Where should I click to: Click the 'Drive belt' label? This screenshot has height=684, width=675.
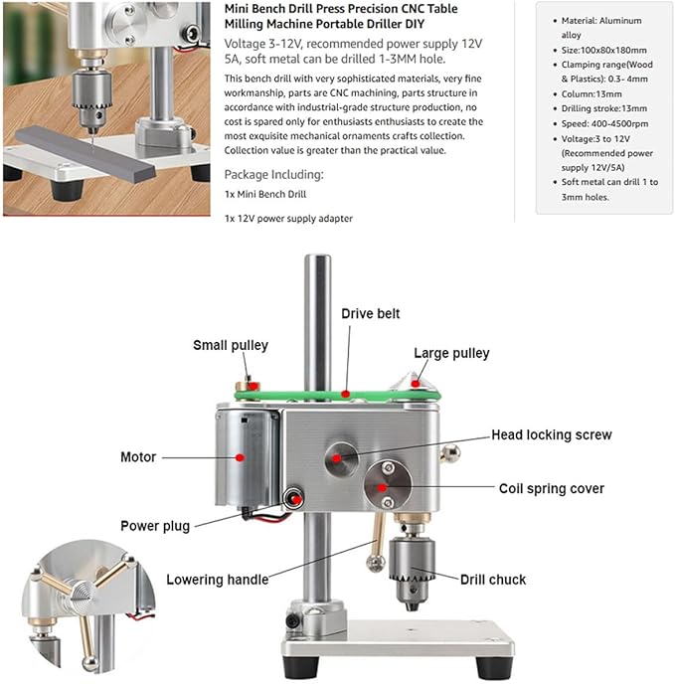(371, 313)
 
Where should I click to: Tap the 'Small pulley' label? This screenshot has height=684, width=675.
(230, 346)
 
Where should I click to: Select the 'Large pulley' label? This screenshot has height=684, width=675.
(451, 353)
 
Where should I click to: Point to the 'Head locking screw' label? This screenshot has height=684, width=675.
(552, 435)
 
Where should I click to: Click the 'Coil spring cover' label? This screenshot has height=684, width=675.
(551, 488)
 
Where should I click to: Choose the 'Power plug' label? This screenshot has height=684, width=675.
(154, 526)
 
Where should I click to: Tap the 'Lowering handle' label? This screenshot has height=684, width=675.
(217, 580)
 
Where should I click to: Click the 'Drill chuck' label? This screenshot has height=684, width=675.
(494, 579)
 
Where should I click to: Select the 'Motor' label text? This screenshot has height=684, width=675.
(138, 457)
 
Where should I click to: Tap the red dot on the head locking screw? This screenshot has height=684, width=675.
(338, 457)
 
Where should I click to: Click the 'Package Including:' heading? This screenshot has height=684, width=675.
(273, 174)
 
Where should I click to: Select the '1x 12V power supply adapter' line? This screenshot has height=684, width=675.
(288, 218)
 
